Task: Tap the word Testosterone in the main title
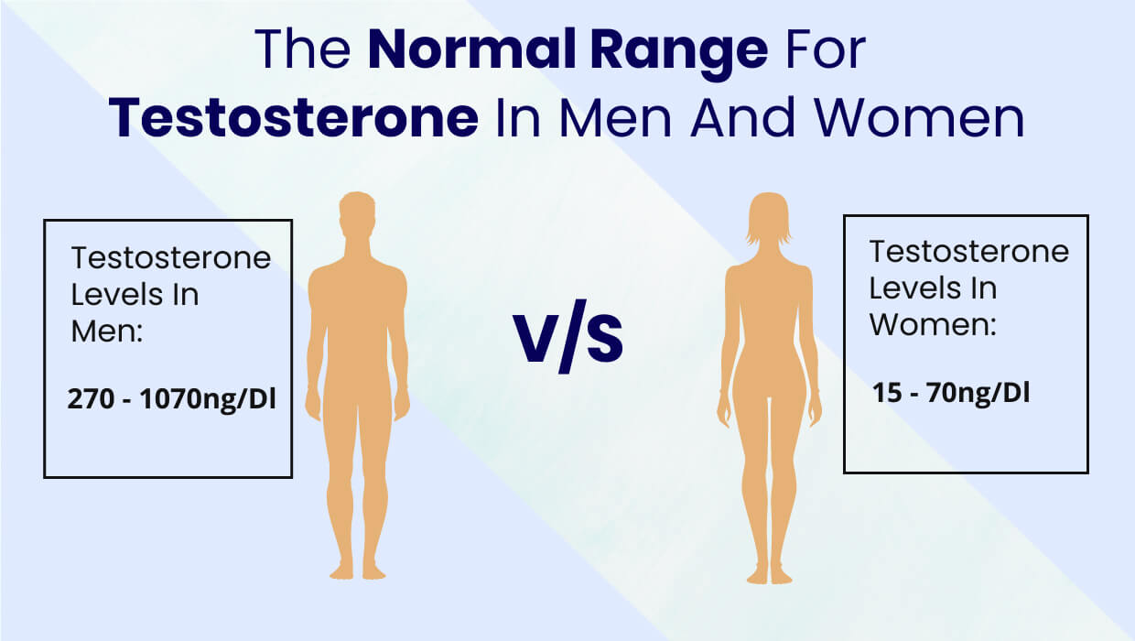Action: [293, 120]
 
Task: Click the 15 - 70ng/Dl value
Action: [950, 395]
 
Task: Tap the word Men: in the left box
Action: [106, 331]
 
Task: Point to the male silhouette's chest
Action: [357, 293]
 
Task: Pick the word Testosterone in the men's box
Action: [171, 259]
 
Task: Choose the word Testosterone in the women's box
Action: [968, 252]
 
